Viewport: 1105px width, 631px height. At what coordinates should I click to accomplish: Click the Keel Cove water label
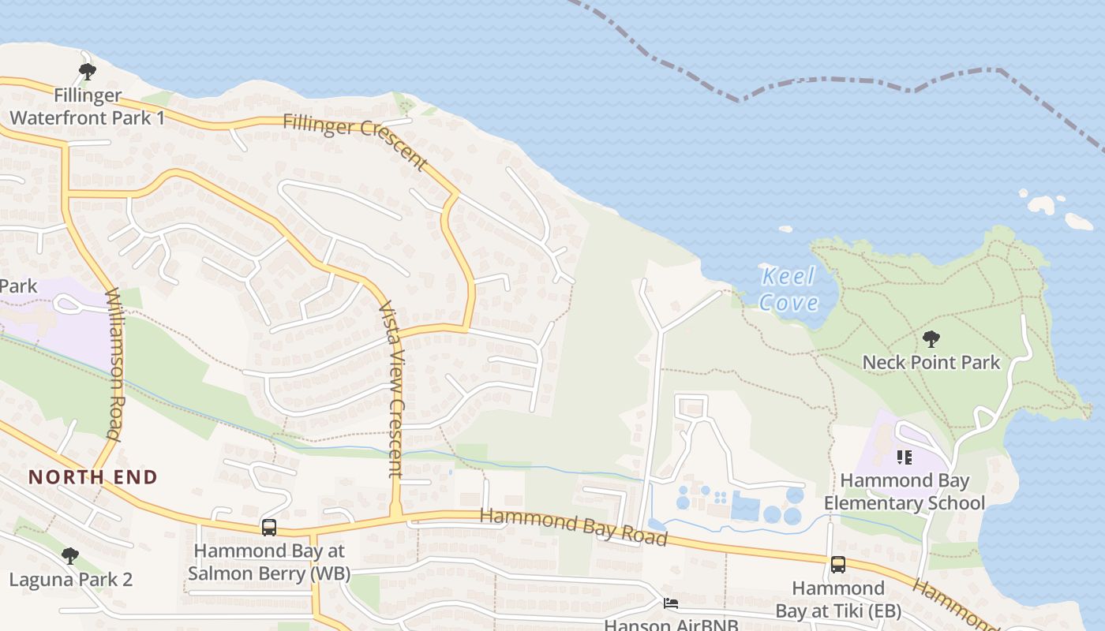788,289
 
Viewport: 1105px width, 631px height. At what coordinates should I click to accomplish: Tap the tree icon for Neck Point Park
931,340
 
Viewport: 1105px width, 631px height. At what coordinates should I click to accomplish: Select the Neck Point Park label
931,363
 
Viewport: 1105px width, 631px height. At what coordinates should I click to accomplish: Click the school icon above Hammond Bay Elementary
905,457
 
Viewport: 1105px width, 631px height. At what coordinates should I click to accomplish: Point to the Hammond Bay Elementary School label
905,491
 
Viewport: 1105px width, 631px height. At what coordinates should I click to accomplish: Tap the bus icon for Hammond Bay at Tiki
837,565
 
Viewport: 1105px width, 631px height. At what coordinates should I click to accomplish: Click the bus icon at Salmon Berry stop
269,528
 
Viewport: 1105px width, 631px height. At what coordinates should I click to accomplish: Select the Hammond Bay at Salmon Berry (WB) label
269,562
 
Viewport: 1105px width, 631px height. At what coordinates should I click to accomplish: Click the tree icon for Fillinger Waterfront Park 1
87,72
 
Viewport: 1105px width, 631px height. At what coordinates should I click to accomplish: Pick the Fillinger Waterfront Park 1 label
87,107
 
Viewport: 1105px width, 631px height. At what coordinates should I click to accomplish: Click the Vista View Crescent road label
391,390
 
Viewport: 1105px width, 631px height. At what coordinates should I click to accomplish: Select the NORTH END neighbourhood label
93,477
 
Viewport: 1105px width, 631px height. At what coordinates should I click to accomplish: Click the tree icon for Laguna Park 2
70,556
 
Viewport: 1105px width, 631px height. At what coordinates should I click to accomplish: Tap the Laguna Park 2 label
70,580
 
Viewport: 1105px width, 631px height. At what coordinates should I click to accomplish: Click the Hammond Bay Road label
574,526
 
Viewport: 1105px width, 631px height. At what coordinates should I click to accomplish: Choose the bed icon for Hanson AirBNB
671,604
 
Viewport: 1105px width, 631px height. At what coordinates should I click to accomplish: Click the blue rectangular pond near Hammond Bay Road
745,506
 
